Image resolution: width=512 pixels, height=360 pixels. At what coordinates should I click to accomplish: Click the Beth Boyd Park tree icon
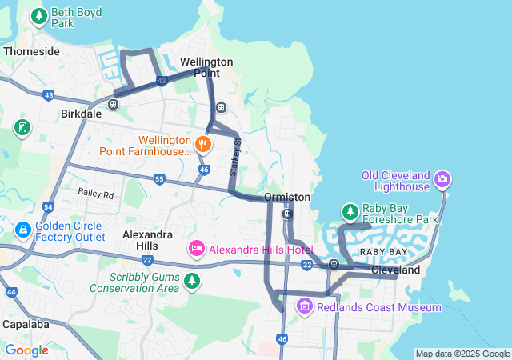38,16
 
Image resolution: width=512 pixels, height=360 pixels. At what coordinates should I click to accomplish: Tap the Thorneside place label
31,51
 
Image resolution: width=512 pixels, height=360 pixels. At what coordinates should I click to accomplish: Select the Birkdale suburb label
81,114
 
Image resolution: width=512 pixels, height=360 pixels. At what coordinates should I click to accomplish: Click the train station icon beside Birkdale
114,103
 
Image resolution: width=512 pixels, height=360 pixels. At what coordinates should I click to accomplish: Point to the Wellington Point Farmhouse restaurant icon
204,145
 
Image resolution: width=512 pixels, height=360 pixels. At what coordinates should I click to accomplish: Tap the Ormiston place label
287,197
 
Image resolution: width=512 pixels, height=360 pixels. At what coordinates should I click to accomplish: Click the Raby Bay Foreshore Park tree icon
350,212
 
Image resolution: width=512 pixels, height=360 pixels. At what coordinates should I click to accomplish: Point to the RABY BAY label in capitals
383,252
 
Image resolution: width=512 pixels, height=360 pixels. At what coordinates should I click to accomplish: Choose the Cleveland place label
395,270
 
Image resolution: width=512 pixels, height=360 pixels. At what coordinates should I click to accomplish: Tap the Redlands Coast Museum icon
304,306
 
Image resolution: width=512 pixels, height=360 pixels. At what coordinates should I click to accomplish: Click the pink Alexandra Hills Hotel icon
196,250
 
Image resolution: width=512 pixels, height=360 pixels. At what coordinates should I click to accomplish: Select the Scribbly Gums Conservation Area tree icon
191,282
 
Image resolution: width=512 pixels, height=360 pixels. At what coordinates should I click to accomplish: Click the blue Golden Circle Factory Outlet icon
22,231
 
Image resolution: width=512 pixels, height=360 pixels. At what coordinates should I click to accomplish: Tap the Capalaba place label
25,325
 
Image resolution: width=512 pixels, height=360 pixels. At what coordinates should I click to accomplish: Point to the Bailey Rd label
96,194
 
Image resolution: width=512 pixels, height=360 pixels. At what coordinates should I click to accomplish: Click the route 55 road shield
159,180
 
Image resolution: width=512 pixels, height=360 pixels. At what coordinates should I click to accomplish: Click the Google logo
26,350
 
